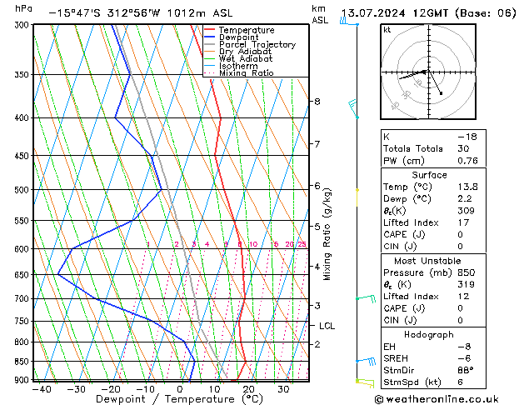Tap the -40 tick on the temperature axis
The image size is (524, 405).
[38, 388]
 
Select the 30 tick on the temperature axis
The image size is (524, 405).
[283, 388]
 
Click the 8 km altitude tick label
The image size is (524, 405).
[317, 102]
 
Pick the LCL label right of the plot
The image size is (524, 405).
[327, 326]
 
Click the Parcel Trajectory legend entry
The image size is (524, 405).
[257, 44]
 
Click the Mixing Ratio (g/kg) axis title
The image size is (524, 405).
[327, 233]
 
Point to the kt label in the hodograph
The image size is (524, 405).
[387, 30]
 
